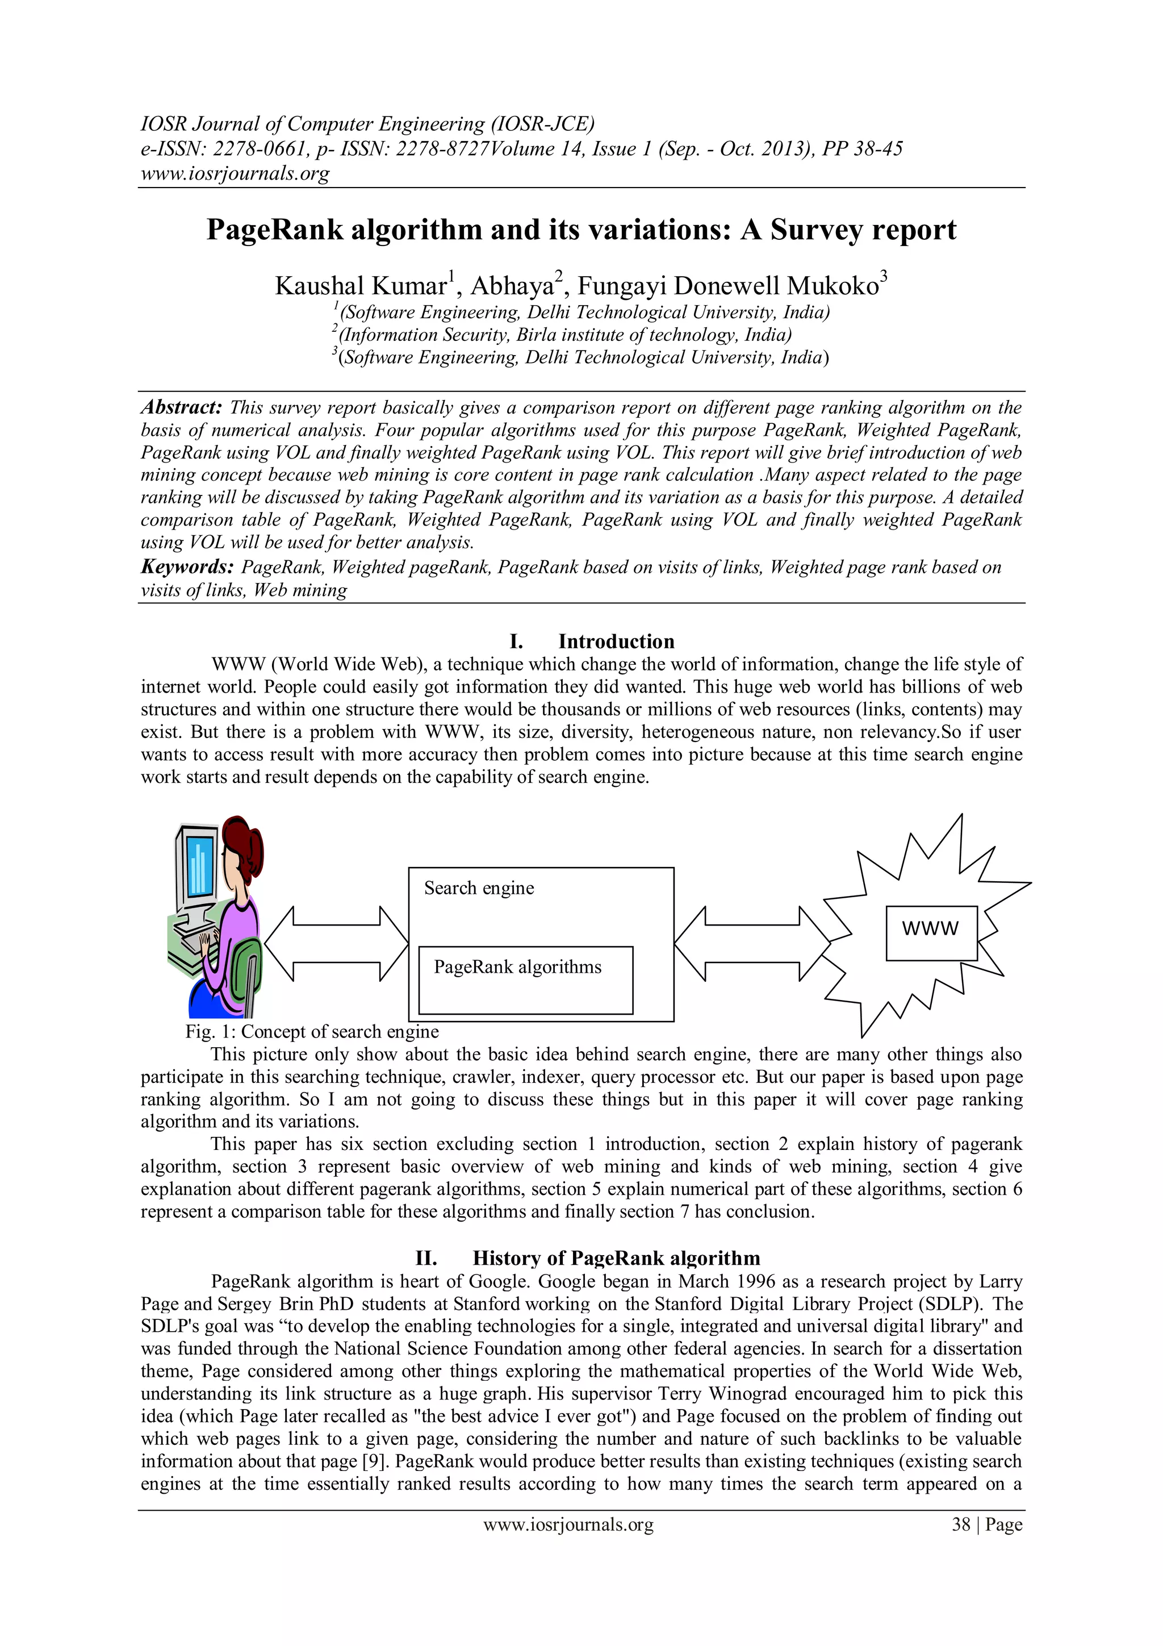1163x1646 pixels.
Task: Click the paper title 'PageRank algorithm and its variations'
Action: tap(581, 230)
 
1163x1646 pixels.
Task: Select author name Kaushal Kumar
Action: tap(361, 286)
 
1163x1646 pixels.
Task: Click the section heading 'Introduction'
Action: tap(616, 641)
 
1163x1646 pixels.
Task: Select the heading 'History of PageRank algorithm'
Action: tap(616, 1257)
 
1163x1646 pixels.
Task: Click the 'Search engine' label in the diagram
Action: tap(479, 888)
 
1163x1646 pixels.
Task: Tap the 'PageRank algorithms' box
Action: tap(525, 980)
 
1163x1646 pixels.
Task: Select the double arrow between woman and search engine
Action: tap(336, 943)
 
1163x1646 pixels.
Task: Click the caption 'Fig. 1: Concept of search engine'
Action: tap(312, 1032)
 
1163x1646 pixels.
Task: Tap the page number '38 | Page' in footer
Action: tap(986, 1524)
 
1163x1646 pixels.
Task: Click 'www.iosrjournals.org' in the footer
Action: tap(568, 1524)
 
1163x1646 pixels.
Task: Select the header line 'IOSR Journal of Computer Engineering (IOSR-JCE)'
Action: tap(367, 124)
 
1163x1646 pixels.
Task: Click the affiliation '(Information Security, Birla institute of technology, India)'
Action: tap(564, 335)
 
